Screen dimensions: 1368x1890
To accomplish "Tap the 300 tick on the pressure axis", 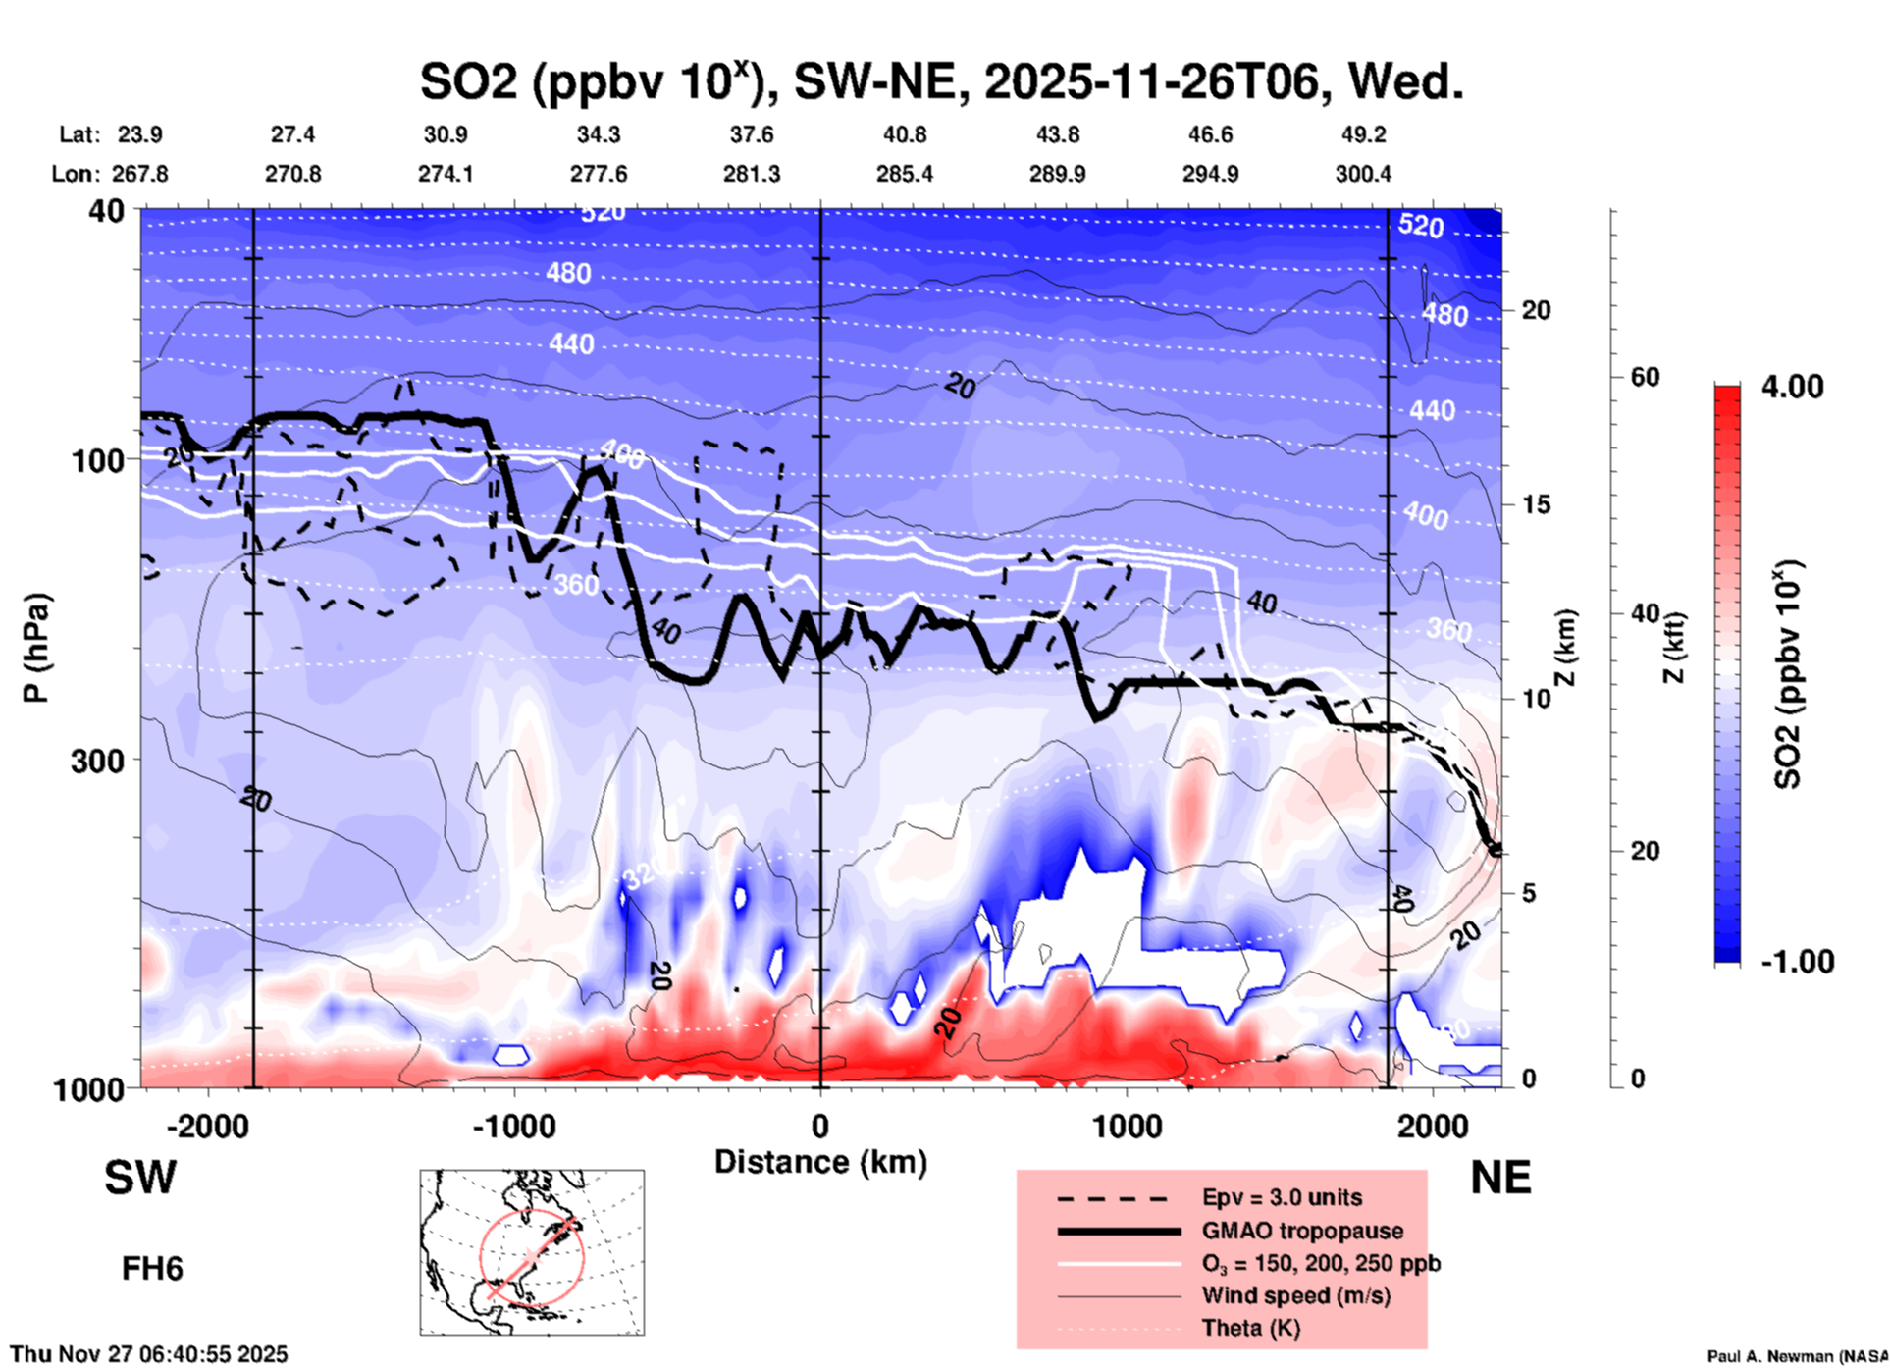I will click(x=97, y=761).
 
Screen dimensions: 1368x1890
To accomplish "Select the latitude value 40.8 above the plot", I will click(x=904, y=134).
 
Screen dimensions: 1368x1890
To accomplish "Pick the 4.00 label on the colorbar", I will click(x=1792, y=387).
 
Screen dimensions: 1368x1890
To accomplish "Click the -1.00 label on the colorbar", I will click(x=1797, y=962).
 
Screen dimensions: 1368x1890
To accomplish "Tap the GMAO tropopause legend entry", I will click(x=1302, y=1231).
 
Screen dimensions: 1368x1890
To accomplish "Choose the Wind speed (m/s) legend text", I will click(x=1295, y=1295).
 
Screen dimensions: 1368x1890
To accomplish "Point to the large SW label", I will click(x=140, y=1178).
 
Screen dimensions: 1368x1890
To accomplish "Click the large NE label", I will click(x=1500, y=1178).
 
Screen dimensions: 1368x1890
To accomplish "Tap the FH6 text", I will click(x=152, y=1269).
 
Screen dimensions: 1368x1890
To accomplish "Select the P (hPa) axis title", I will click(x=36, y=648).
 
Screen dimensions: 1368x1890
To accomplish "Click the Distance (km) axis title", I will click(x=820, y=1162).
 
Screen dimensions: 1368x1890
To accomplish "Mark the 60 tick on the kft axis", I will click(x=1645, y=377).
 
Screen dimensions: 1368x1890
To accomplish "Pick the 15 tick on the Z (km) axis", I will click(x=1535, y=504).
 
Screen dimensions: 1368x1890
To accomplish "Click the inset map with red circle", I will click(x=532, y=1252).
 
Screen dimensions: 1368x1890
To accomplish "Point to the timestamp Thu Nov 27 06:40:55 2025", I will click(x=149, y=1354).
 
